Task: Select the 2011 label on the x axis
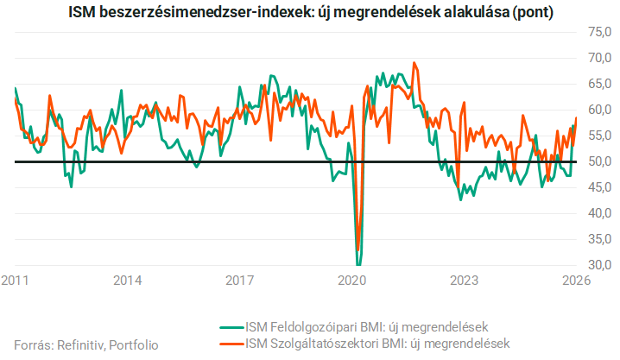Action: point(16,281)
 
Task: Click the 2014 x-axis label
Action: point(128,281)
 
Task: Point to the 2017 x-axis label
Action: point(239,281)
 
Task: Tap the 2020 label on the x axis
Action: point(352,281)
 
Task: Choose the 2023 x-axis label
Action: point(465,281)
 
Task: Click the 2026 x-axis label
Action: point(576,281)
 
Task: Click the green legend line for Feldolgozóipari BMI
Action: point(230,327)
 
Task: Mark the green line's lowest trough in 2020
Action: point(357,264)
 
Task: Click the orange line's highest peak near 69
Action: point(415,63)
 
